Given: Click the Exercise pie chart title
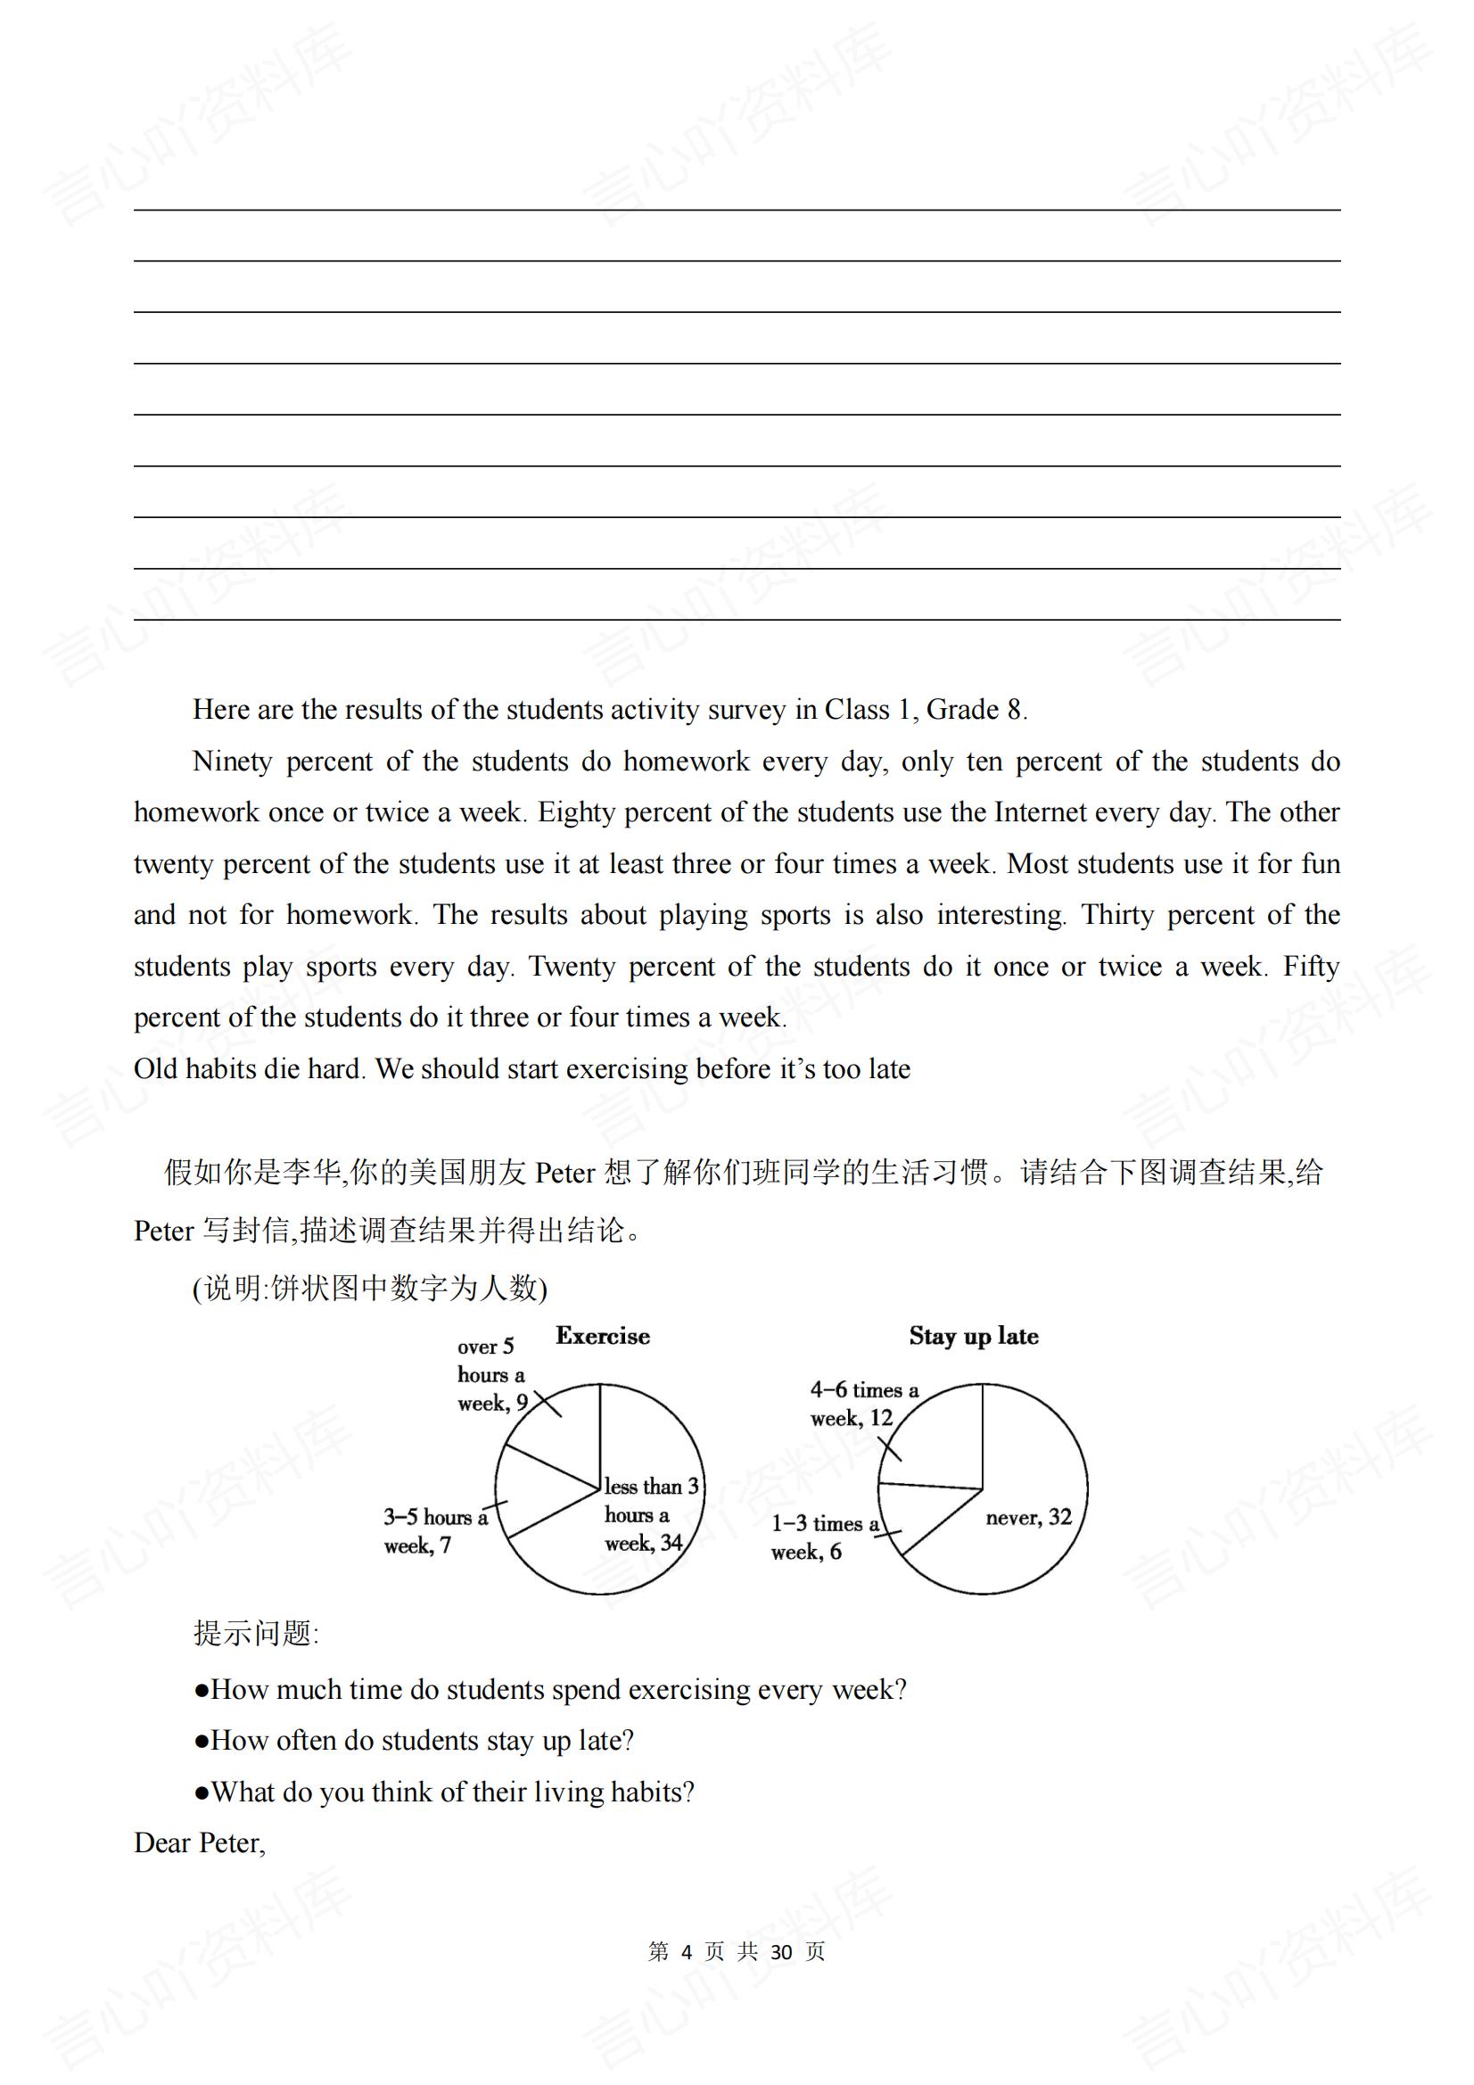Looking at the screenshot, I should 602,1336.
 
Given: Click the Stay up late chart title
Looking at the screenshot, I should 974,1336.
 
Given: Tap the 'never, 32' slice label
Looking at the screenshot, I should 1028,1517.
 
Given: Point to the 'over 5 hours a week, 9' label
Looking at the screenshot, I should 491,1375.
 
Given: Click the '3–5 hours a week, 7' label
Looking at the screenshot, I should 435,1531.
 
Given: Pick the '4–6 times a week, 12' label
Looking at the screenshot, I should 863,1404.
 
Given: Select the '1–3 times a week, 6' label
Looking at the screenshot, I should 825,1537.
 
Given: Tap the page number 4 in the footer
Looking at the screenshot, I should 686,1951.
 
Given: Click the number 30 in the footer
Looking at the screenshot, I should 781,1951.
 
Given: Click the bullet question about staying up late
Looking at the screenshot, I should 413,1740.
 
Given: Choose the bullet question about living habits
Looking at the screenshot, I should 444,1792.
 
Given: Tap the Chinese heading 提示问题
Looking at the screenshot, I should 255,1633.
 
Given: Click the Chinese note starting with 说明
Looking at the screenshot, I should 370,1288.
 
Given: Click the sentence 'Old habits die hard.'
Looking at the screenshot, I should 250,1069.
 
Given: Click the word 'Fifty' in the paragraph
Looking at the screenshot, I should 1311,966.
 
